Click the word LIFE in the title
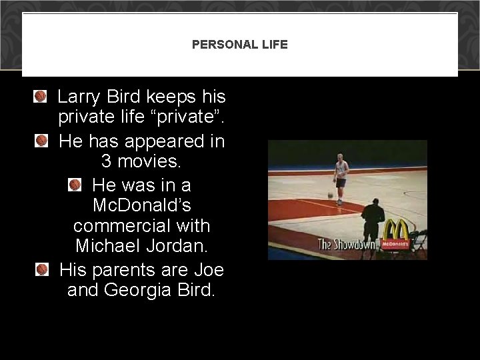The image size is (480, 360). coord(274,45)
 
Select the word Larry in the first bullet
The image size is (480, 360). coord(78,97)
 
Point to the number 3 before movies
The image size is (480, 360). coord(107,161)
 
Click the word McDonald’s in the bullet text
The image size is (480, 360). coord(142,205)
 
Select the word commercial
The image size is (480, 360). coord(142,225)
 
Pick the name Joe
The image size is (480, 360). coord(209,270)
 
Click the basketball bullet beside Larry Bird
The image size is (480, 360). coord(41,97)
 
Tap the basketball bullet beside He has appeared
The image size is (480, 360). coord(41,141)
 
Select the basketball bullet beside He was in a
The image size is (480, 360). coord(75,184)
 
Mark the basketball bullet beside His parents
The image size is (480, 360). coord(42,269)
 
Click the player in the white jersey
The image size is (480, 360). coord(341,176)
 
